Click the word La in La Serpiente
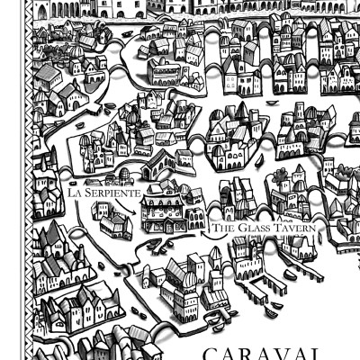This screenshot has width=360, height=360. (x=74, y=193)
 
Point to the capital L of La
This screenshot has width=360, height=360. (x=71, y=193)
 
